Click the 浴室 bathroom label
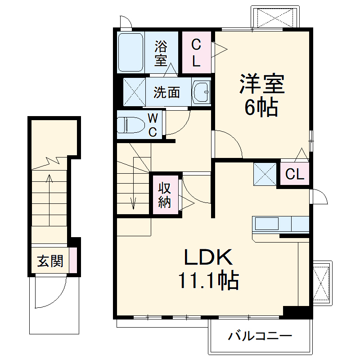tap(161, 52)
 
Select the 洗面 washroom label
tap(166, 92)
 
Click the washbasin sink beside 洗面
tap(201, 92)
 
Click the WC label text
tap(153, 126)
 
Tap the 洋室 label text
tap(261, 83)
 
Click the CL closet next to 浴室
tap(196, 53)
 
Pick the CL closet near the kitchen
tap(295, 174)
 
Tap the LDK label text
tap(208, 257)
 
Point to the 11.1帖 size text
tap(208, 281)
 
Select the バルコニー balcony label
tap(260, 336)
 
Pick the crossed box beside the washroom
tap(135, 92)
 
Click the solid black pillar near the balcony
tap(297, 312)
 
